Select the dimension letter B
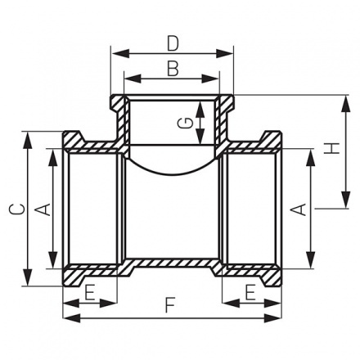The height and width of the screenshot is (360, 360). coord(171,68)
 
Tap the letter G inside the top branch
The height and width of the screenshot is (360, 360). coord(187,123)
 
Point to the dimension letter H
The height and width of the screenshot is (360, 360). coord(331,149)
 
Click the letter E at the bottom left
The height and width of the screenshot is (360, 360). coord(90,290)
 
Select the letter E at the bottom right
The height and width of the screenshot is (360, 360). coord(250,290)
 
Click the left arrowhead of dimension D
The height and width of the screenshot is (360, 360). coord(115,53)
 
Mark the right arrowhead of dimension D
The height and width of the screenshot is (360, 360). coord(230,53)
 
